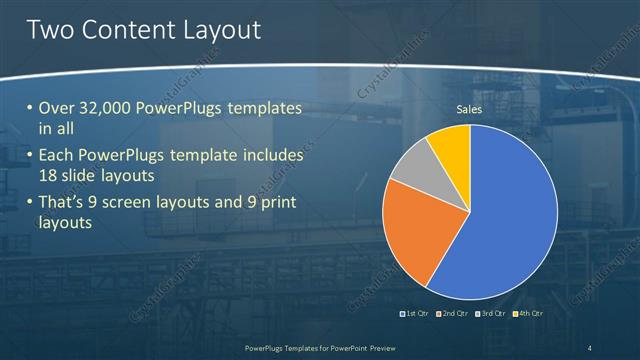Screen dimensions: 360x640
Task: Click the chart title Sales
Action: coord(470,109)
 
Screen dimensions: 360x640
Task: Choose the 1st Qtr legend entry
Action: coord(414,314)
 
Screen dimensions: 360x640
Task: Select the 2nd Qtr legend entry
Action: coord(453,314)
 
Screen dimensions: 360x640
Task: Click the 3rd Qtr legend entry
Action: coord(491,314)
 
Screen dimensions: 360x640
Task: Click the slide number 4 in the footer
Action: coord(590,347)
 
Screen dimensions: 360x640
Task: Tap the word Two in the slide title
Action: coord(51,30)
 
